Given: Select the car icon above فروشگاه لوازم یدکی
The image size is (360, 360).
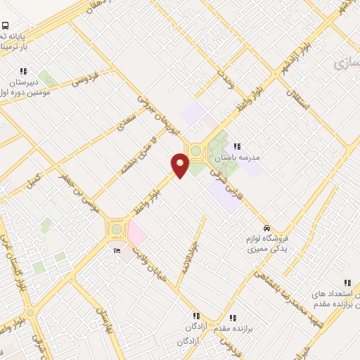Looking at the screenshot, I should (x=266, y=228).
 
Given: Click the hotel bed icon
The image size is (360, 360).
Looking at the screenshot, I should (x=117, y=250).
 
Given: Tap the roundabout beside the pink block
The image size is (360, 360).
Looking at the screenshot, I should (x=115, y=229).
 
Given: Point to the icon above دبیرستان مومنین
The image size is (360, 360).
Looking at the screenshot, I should (x=24, y=71).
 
